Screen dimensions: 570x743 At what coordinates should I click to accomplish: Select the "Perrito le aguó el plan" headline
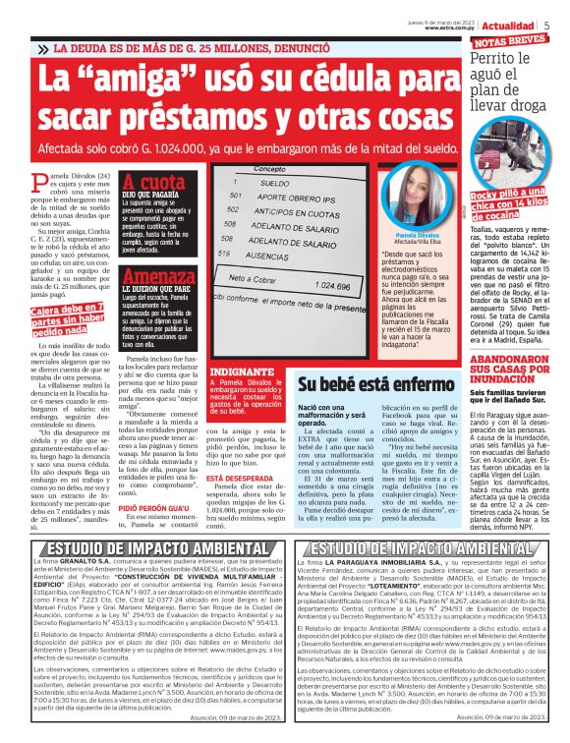tap(511, 76)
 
